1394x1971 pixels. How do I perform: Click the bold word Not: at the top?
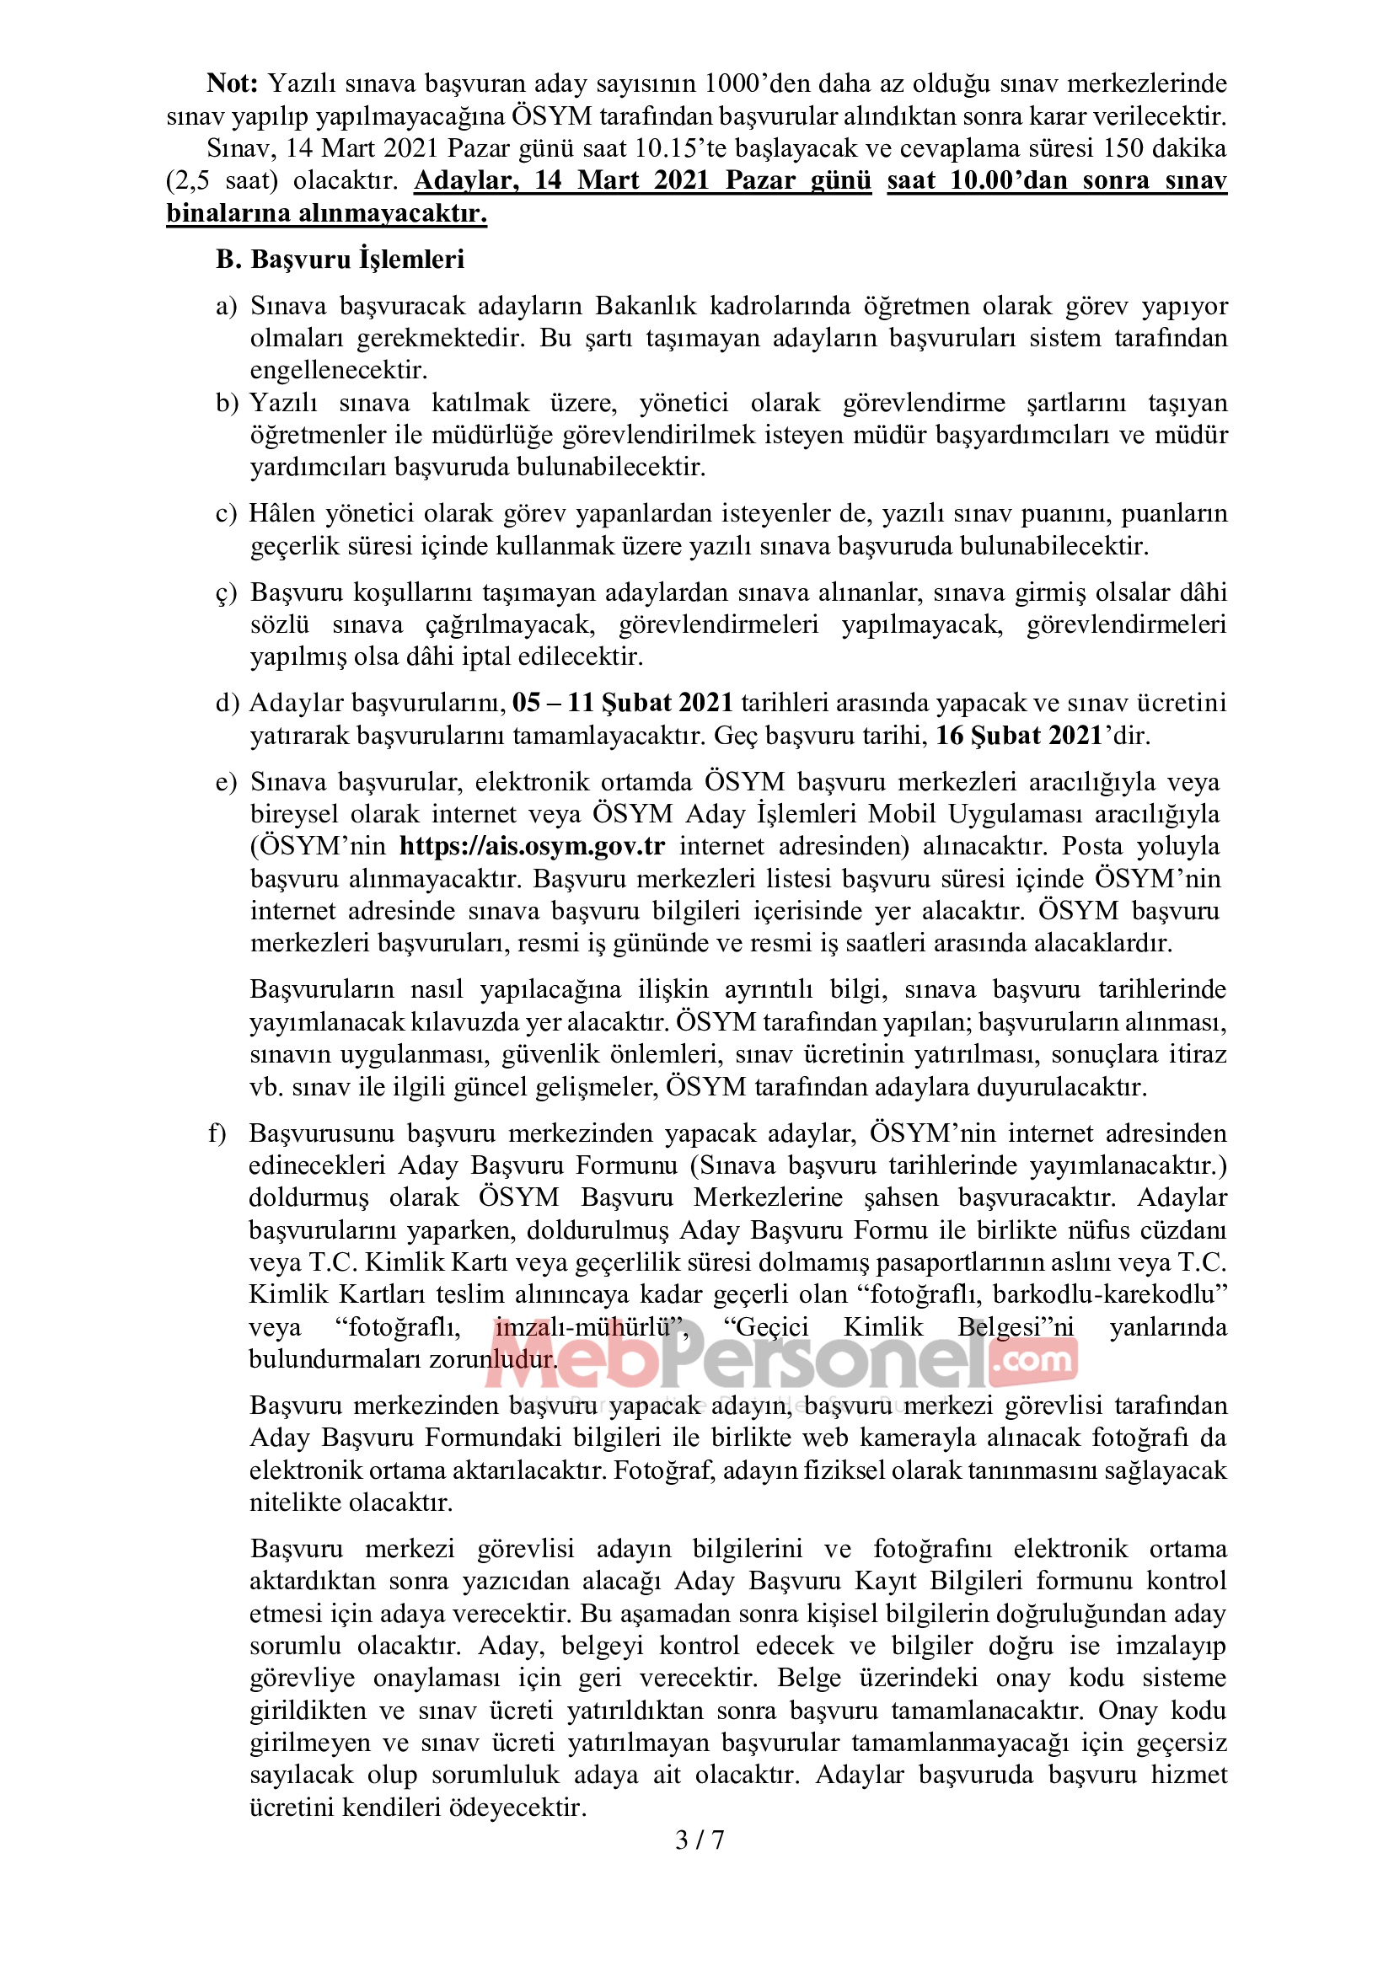click(232, 83)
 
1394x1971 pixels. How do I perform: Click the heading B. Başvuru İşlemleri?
click(340, 260)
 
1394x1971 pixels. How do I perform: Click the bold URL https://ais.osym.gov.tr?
click(532, 845)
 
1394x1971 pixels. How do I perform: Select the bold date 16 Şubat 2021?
click(1019, 736)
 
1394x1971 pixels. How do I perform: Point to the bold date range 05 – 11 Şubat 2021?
click(622, 703)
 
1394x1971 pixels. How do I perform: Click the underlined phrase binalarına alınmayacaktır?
click(327, 213)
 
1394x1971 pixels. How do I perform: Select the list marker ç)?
click(226, 593)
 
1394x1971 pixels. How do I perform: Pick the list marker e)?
click(226, 782)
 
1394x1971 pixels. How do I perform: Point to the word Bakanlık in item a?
click(646, 306)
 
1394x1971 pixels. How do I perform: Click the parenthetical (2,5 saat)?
click(223, 181)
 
